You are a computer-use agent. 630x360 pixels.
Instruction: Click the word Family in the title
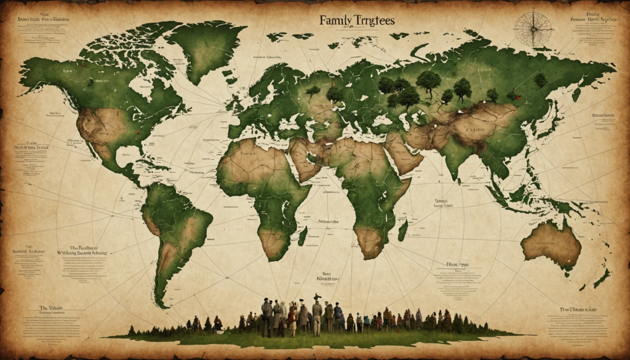336,20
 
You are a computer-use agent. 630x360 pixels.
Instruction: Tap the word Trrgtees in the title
374,20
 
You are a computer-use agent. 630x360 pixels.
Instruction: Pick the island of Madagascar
402,230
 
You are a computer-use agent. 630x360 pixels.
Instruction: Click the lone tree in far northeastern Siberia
540,80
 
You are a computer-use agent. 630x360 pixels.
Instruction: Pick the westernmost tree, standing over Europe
313,91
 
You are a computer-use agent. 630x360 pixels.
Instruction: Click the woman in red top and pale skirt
292,321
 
